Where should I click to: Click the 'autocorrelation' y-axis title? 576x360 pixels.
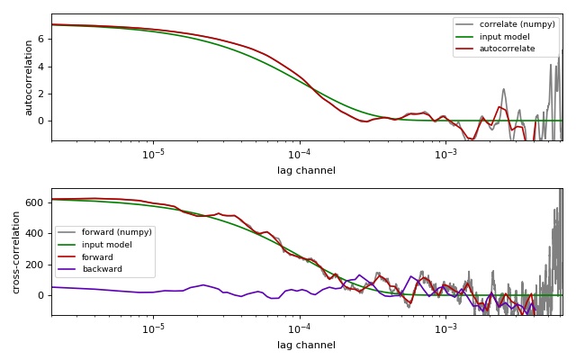click(28, 77)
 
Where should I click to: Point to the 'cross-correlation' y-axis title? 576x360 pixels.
click(15, 252)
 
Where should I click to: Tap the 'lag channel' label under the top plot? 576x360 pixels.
click(306, 171)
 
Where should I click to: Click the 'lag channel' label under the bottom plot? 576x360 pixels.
click(306, 346)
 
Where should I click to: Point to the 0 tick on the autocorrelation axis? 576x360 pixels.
click(42, 121)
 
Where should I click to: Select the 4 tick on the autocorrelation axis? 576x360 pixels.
click(42, 67)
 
